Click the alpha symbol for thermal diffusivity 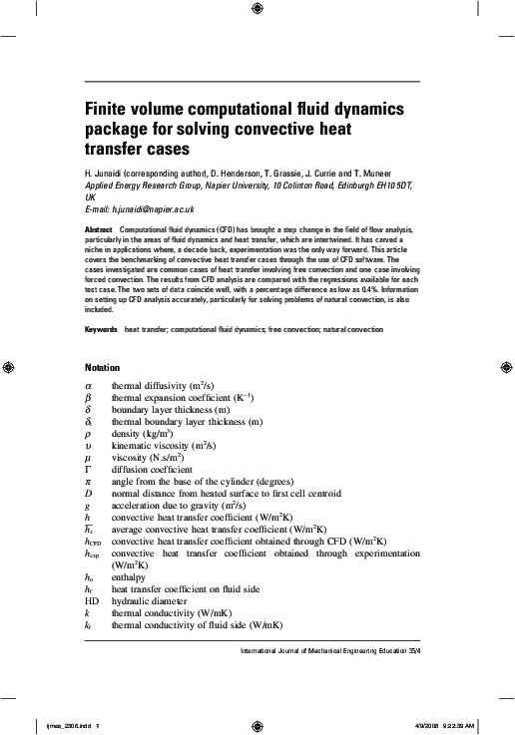coord(88,385)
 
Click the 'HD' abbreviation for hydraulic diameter coord(92,601)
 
